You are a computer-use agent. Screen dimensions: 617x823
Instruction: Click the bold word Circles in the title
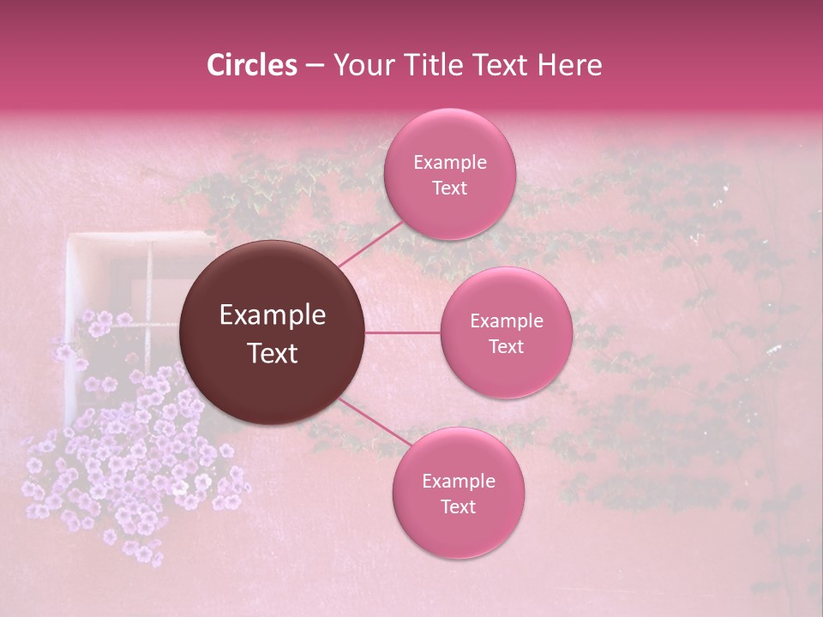click(x=251, y=65)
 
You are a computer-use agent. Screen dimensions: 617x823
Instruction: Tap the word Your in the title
click(x=361, y=65)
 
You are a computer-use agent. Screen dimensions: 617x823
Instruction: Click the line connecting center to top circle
click(x=370, y=243)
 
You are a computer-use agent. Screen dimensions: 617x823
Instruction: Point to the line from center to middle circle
click(x=403, y=332)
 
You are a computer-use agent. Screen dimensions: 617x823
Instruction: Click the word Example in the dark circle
click(x=273, y=315)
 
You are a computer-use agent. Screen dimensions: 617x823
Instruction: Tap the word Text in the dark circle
click(x=273, y=353)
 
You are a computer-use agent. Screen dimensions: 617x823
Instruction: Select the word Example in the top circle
click(x=449, y=162)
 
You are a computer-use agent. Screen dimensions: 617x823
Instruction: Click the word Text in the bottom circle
click(x=458, y=506)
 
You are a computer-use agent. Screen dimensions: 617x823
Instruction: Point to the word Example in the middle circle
click(x=506, y=320)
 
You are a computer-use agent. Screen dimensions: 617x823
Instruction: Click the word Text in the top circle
click(x=449, y=188)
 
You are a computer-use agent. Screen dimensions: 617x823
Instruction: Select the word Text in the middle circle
click(x=506, y=346)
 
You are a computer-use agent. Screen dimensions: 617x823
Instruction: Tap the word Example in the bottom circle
click(x=458, y=481)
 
